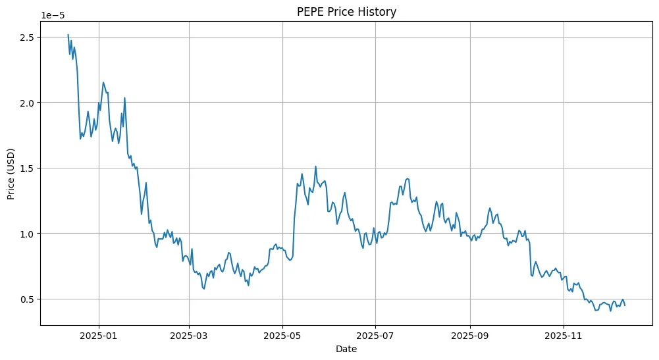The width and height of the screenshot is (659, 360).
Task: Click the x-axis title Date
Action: [346, 349]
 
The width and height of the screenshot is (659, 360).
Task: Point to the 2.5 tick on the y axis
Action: [28, 37]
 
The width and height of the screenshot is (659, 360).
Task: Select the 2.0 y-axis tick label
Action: [28, 103]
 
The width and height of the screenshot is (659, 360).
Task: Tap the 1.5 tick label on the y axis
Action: [28, 168]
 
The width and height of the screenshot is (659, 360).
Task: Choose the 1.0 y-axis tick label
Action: [28, 234]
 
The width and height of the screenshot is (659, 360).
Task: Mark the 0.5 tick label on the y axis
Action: [28, 299]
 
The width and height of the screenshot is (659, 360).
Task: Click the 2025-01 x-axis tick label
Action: [99, 336]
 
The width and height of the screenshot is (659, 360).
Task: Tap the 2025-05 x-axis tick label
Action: [282, 336]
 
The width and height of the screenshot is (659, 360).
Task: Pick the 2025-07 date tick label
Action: [375, 336]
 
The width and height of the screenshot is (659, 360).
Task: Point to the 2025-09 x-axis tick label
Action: [470, 336]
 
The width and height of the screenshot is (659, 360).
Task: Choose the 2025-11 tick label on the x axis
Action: [564, 336]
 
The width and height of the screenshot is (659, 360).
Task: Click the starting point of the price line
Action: [68, 35]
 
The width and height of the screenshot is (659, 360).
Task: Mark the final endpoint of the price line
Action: [625, 305]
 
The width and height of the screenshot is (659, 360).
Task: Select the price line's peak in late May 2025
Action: [316, 167]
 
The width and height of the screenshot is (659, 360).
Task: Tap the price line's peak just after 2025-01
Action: [103, 82]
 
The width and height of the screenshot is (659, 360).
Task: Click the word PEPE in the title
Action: [313, 11]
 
